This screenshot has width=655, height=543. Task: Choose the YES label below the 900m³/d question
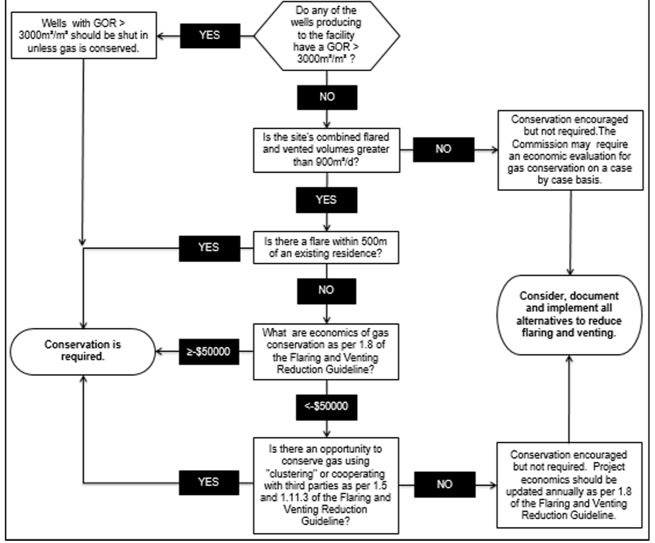[326, 200]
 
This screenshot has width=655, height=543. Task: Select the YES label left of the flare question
[208, 248]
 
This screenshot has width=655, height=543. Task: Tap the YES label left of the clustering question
[208, 483]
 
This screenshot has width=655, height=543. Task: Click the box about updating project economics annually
[569, 484]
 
